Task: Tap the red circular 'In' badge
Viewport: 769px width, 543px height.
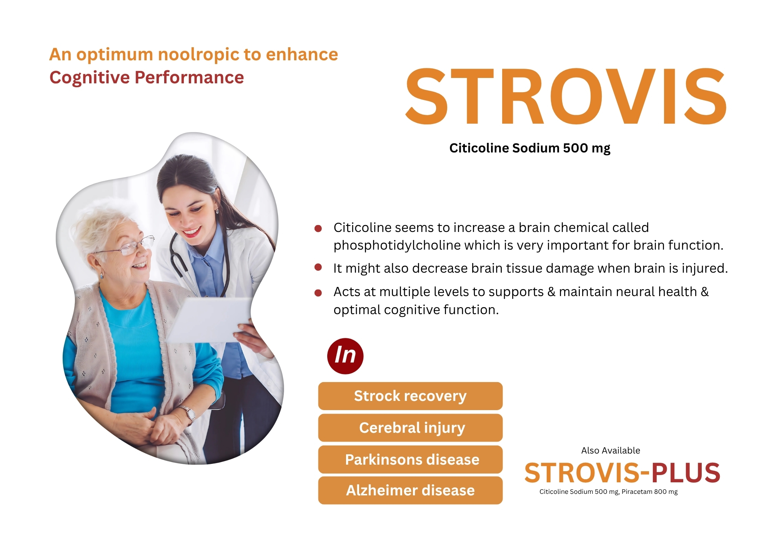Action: click(345, 356)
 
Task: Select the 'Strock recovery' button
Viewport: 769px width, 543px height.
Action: click(410, 396)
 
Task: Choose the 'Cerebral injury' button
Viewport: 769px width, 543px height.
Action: click(410, 428)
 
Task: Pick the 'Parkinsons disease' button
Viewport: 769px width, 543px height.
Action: click(410, 460)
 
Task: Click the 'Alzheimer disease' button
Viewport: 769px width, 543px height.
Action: click(410, 490)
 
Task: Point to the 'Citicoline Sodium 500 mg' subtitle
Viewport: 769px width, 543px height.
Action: click(530, 148)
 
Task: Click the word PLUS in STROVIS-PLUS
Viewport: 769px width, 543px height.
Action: click(686, 473)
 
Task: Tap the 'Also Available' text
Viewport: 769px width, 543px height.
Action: click(611, 450)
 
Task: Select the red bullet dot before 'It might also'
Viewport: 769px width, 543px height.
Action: click(318, 267)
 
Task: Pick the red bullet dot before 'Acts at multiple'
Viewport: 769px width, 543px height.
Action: click(318, 293)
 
